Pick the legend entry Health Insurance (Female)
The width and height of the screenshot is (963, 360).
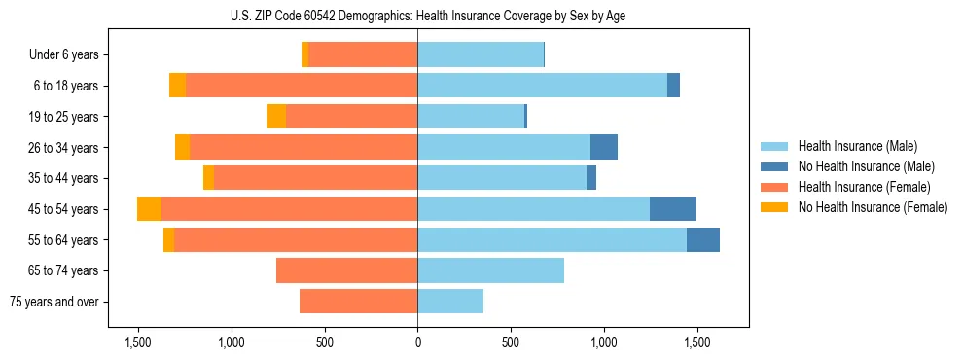click(857, 187)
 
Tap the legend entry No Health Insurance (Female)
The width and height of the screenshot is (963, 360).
click(872, 207)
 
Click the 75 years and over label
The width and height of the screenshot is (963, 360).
click(53, 302)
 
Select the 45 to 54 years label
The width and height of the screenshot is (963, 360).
click(64, 209)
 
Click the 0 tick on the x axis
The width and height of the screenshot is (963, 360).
click(417, 342)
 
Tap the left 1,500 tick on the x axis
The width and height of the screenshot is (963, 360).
click(138, 342)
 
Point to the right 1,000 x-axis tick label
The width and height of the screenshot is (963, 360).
click(603, 342)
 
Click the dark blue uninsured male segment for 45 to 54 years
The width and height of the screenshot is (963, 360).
click(673, 209)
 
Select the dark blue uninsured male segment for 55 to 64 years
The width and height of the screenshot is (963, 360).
click(703, 240)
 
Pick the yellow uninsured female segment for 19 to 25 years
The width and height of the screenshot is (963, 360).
click(276, 117)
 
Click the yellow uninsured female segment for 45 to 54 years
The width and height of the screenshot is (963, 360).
click(149, 209)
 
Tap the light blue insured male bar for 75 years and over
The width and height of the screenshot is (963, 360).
click(450, 302)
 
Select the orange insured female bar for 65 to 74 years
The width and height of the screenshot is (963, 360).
click(347, 270)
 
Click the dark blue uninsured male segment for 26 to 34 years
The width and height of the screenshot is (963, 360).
click(604, 148)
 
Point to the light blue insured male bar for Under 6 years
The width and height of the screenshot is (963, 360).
click(481, 55)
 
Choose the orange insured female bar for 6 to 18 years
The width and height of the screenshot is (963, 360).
click(302, 86)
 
